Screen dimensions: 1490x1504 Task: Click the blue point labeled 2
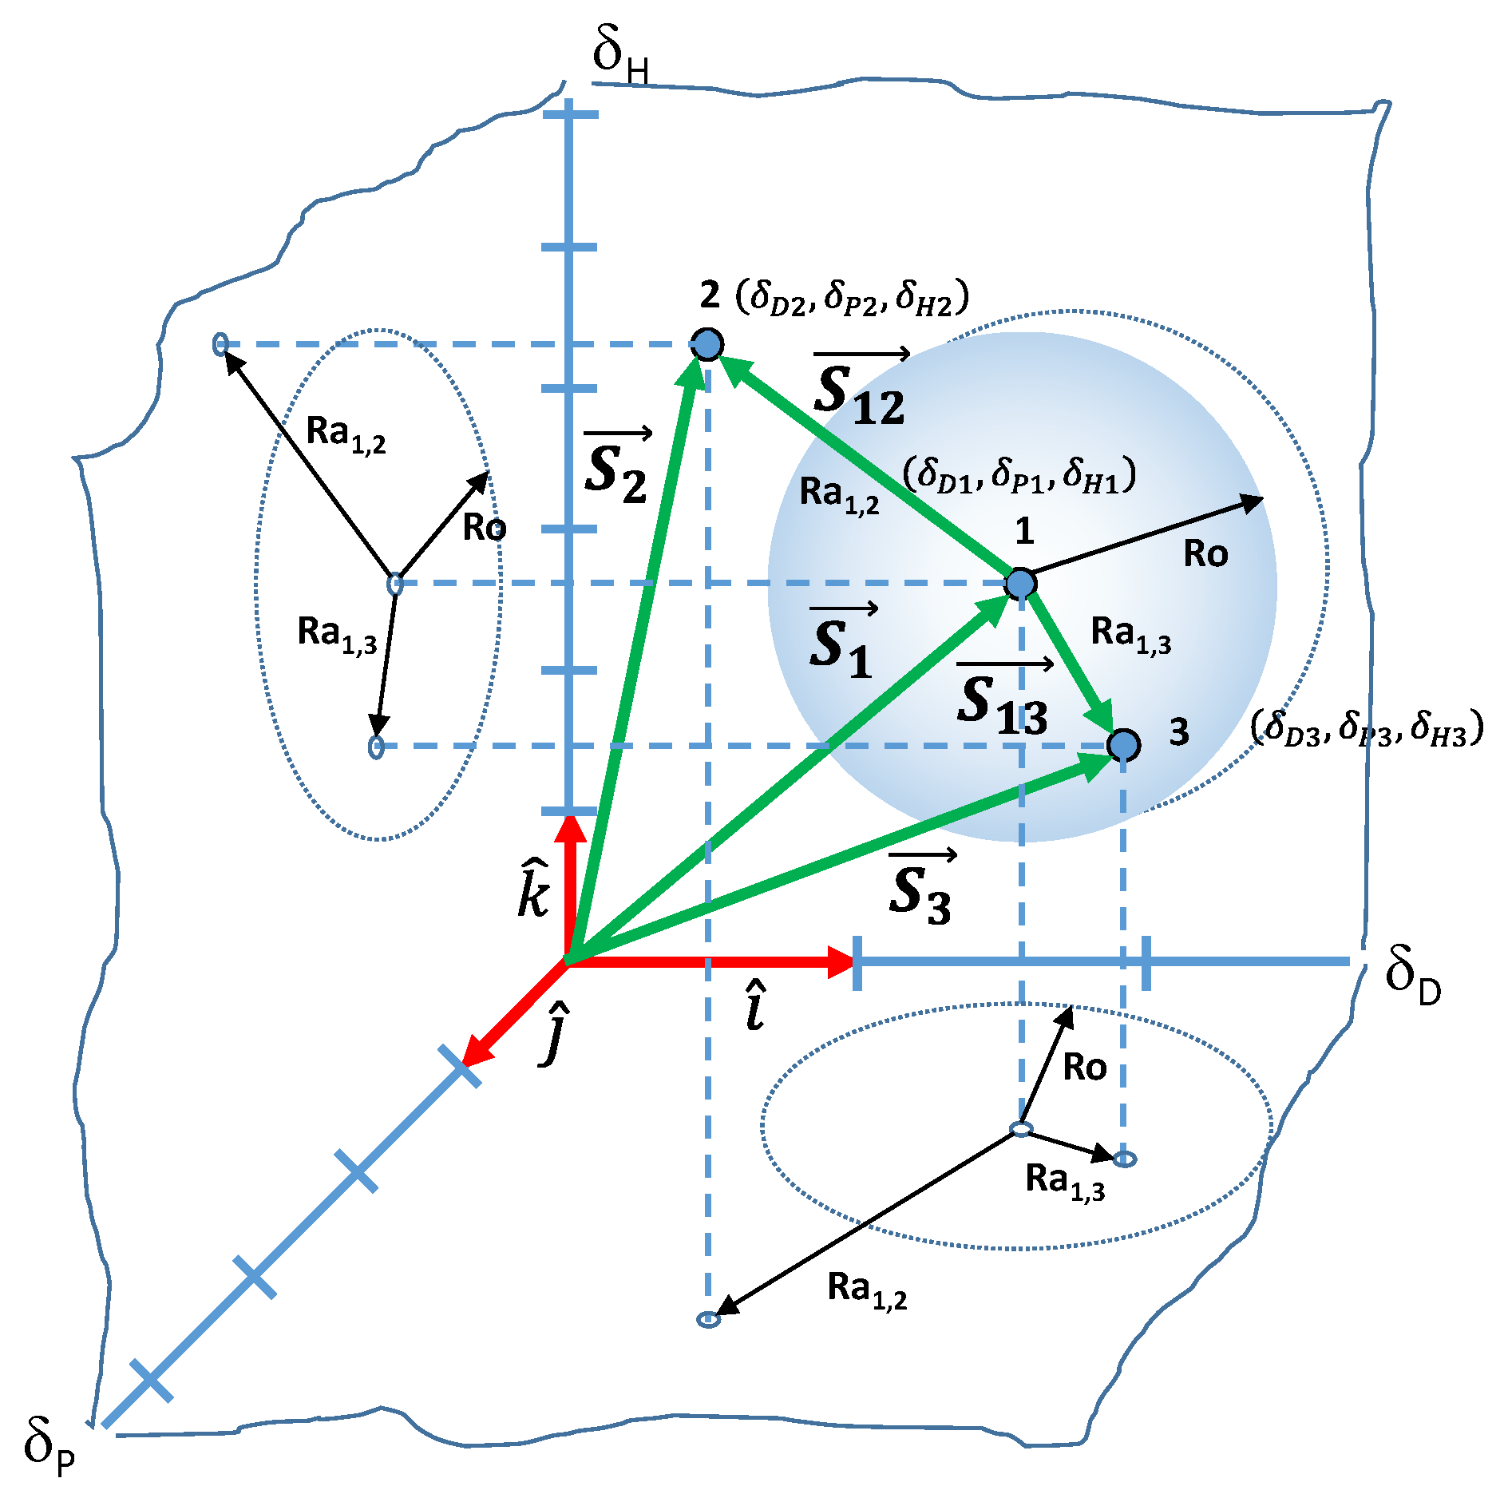click(707, 344)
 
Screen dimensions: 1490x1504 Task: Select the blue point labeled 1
click(1020, 584)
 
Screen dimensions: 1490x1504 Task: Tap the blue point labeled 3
click(1123, 745)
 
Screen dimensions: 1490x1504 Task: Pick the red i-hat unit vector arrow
click(710, 961)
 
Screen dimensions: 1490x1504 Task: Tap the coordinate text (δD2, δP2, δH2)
click(852, 298)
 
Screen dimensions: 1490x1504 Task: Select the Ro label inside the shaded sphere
click(1205, 553)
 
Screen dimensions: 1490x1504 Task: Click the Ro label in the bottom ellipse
click(1084, 1068)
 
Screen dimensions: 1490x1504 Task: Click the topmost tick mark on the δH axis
click(570, 115)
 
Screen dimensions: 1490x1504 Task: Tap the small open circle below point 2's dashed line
click(708, 1320)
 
